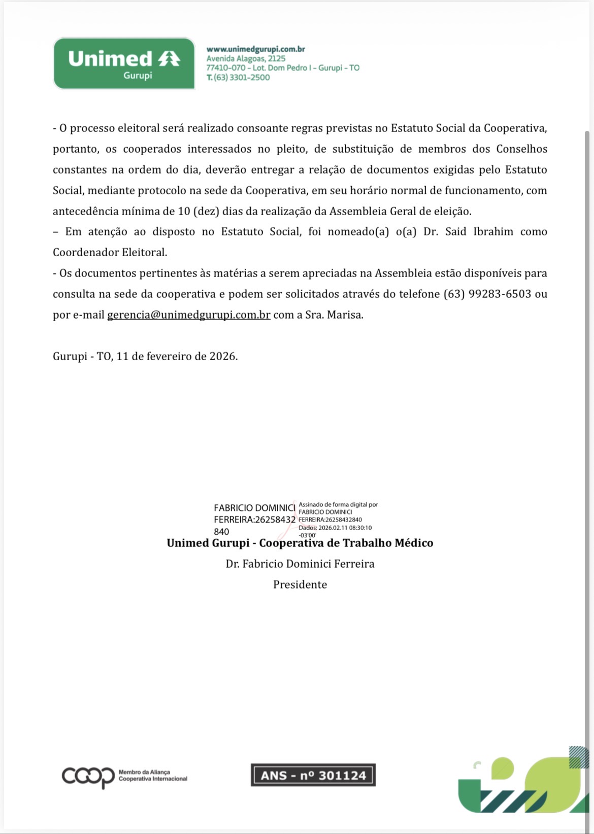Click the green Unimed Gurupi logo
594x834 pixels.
124,64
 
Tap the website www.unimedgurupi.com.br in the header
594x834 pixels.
255,49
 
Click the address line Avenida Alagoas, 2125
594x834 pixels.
246,58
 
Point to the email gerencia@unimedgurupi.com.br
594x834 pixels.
188,315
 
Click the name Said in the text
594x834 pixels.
455,232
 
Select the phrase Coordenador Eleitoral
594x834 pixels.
110,252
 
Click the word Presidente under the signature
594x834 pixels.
300,584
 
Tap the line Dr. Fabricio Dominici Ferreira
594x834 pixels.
300,564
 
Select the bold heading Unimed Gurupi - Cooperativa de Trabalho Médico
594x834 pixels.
300,543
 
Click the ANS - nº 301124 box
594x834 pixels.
313,775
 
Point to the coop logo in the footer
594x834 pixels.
88,776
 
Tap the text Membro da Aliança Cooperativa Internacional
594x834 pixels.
152,776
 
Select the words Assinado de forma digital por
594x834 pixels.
338,505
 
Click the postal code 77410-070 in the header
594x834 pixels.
225,68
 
